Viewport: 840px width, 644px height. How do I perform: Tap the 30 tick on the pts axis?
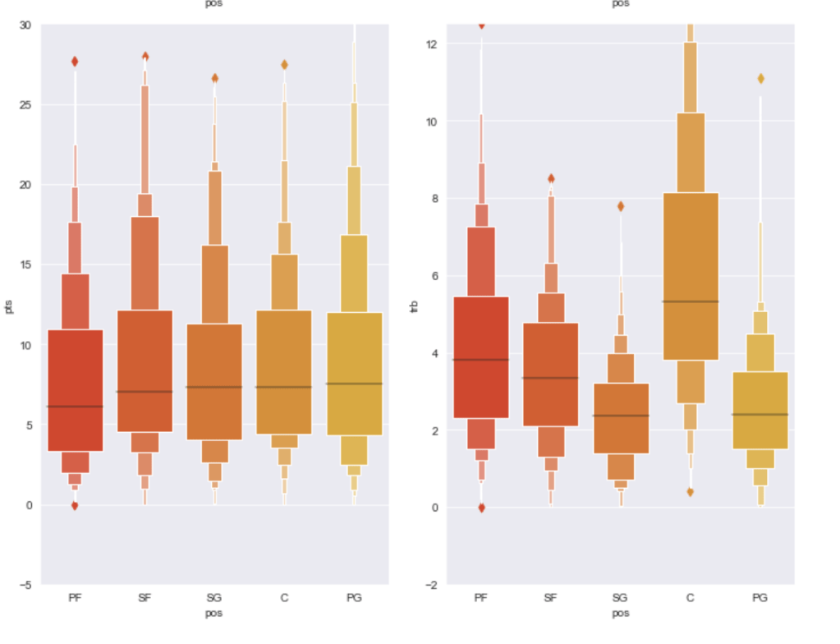point(26,25)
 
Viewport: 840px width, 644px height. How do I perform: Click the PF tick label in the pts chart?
point(75,598)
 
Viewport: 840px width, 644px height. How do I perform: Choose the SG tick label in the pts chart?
point(214,598)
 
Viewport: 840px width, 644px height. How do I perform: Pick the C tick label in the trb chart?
point(690,598)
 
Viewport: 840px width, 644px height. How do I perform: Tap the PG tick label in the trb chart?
point(760,598)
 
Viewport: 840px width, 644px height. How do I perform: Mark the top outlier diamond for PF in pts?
point(75,62)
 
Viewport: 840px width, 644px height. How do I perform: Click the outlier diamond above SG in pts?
point(215,79)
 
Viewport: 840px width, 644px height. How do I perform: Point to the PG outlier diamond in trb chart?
point(760,79)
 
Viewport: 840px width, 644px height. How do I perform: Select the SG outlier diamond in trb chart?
point(621,206)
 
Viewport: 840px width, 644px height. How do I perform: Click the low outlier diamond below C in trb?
point(691,492)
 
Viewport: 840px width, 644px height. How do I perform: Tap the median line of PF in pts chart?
point(75,407)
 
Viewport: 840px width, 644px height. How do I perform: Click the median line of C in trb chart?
point(690,301)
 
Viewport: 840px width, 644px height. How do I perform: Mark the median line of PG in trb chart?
point(760,414)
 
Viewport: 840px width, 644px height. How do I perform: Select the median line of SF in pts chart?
point(145,392)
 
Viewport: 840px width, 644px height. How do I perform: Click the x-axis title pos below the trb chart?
point(621,613)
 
